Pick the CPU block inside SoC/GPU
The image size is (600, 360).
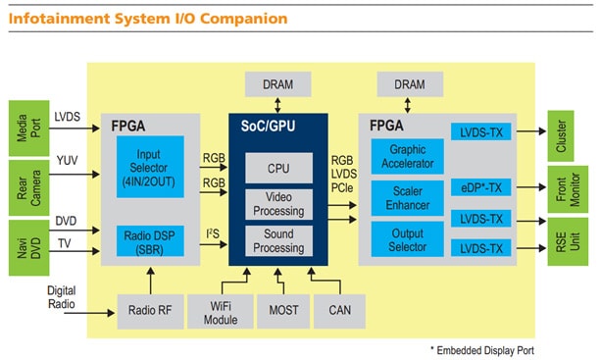(278, 168)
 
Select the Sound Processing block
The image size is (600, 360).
(278, 240)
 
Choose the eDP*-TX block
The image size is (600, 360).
(480, 185)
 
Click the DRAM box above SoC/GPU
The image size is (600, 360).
(277, 85)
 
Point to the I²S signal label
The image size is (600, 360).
(212, 232)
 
